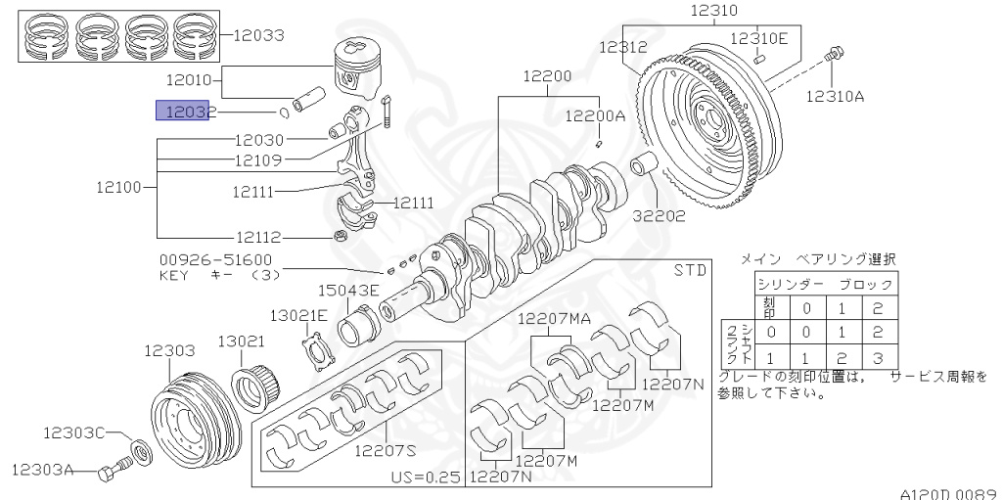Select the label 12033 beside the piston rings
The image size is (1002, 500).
click(258, 36)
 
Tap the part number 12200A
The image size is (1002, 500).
click(594, 115)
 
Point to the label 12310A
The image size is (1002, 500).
click(835, 96)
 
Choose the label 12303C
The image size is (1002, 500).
click(73, 431)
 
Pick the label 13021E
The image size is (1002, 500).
click(299, 315)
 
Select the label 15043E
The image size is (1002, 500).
click(347, 291)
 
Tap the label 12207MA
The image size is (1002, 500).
click(554, 318)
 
